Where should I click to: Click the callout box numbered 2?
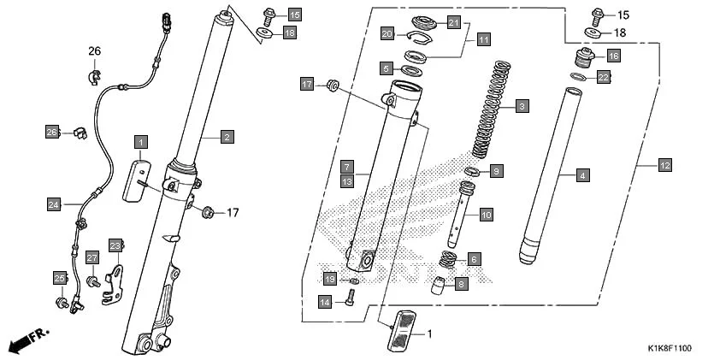[x=227, y=137]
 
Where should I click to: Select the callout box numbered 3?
[x=521, y=108]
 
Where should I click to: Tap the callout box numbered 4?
[x=582, y=176]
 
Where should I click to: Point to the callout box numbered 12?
[x=665, y=163]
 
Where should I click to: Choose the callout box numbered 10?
[x=486, y=214]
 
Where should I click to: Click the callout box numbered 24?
[x=54, y=204]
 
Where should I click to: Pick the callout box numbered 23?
[x=116, y=245]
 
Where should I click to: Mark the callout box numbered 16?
[x=613, y=56]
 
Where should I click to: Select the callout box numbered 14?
[x=325, y=302]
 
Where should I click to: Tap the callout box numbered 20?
[x=387, y=33]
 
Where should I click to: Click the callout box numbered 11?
[x=484, y=39]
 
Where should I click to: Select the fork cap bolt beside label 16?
[x=584, y=61]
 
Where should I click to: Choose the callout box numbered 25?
[x=60, y=279]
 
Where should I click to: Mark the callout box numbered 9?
[x=497, y=171]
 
